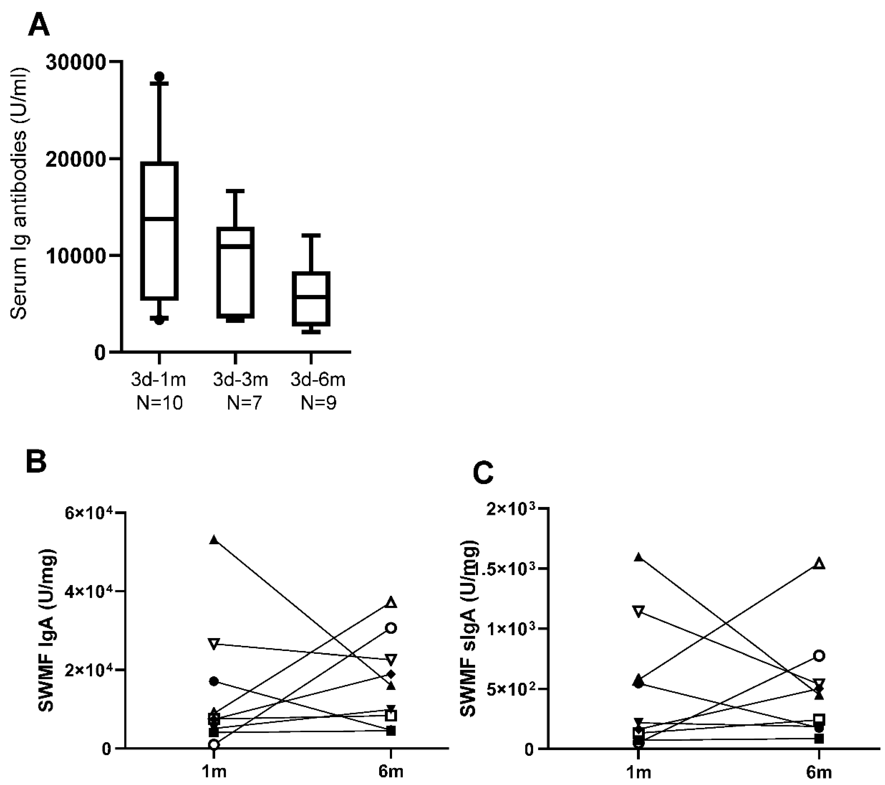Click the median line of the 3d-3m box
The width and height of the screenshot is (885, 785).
235,245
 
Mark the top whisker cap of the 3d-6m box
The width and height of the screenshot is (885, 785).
311,235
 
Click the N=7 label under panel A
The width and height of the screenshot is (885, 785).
245,403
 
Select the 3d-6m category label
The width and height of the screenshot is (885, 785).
318,380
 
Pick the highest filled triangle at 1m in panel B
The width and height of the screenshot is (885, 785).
214,540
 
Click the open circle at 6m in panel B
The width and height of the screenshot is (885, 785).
391,628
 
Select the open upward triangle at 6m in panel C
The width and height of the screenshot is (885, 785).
820,564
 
